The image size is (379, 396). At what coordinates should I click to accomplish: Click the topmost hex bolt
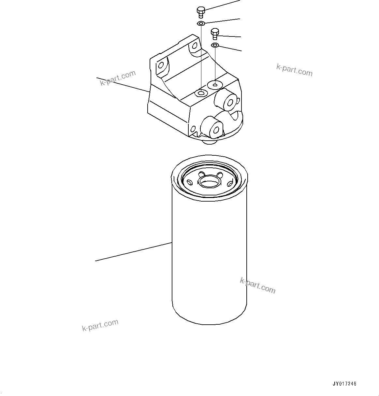[x=201, y=12]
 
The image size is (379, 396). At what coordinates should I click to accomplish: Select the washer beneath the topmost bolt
[x=201, y=23]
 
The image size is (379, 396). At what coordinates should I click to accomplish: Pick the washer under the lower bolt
[x=215, y=45]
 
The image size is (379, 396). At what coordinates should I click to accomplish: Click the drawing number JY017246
[x=344, y=384]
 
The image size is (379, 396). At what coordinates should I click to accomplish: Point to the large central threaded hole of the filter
[x=209, y=181]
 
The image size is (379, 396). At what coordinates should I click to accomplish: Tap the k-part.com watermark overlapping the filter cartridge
[x=257, y=285]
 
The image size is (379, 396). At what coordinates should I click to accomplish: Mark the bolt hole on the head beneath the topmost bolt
[x=200, y=94]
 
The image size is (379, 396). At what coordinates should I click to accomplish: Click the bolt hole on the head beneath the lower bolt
[x=215, y=85]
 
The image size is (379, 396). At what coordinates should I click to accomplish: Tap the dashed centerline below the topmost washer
[x=201, y=59]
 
